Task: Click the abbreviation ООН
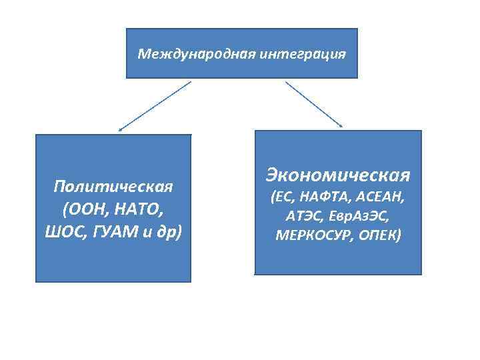click(87, 209)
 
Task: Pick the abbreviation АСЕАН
click(381, 198)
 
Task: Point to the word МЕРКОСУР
click(313, 235)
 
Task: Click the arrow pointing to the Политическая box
click(155, 105)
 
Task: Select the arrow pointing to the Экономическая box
click(313, 103)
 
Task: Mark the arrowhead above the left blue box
click(120, 128)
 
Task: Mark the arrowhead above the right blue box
click(341, 125)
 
